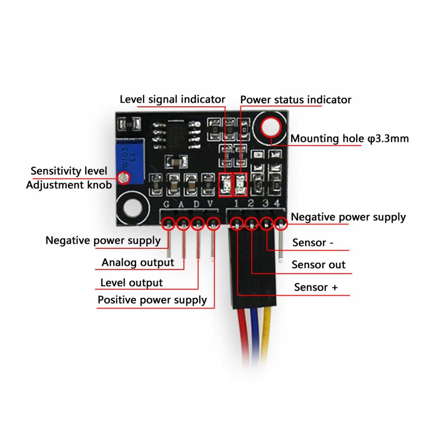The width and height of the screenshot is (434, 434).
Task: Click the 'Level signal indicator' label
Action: pyautogui.click(x=172, y=100)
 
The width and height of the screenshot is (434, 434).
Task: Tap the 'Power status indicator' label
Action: pyautogui.click(x=295, y=100)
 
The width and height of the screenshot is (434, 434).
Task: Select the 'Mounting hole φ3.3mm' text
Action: pyautogui.click(x=349, y=139)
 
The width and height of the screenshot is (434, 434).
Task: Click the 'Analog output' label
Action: pyautogui.click(x=138, y=263)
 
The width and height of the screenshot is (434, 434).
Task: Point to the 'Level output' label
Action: pyautogui.click(x=131, y=283)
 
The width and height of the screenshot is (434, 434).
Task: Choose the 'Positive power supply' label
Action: pyautogui.click(x=152, y=300)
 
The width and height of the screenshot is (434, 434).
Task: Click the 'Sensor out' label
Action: pyautogui.click(x=318, y=265)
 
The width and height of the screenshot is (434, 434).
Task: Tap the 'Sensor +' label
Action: pyautogui.click(x=316, y=287)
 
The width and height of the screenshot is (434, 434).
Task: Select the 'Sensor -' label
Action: pyautogui.click(x=313, y=243)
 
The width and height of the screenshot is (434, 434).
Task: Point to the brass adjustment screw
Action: pyautogui.click(x=124, y=178)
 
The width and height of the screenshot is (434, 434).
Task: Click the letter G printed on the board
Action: pyautogui.click(x=167, y=204)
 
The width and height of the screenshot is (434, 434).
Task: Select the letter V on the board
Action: pyautogui.click(x=210, y=204)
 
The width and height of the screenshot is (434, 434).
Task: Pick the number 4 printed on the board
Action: pyautogui.click(x=276, y=204)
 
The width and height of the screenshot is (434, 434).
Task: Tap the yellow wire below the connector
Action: pyautogui.click(x=266, y=335)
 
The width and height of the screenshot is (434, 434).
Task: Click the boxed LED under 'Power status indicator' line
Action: pyautogui.click(x=240, y=185)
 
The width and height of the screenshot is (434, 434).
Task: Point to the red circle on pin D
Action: pyautogui.click(x=197, y=223)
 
